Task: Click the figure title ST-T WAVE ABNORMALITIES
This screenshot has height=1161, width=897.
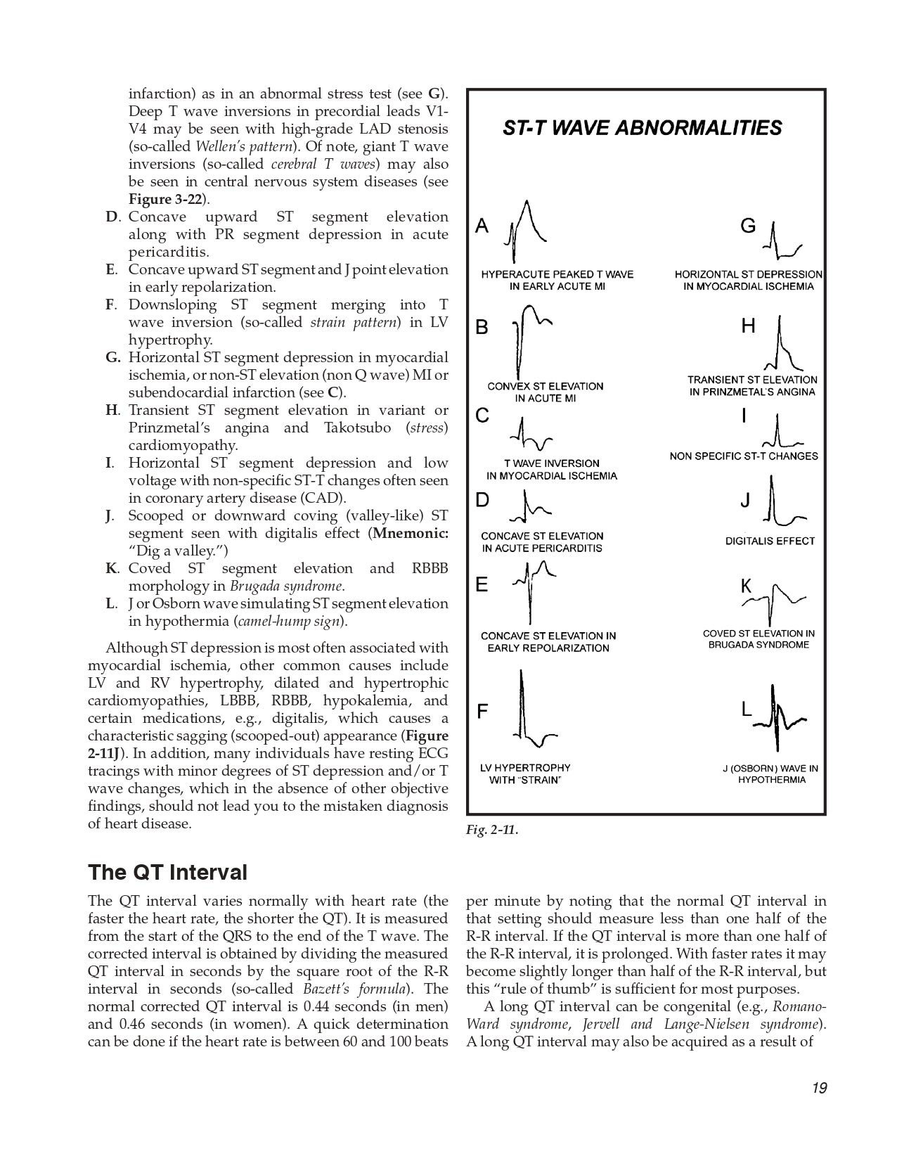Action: pos(642,128)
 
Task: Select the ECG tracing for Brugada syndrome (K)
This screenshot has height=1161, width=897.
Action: pos(774,602)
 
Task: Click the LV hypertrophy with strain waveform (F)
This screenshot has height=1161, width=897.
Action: pos(531,710)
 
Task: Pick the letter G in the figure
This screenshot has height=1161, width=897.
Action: pos(748,226)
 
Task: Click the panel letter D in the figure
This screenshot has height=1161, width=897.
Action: pos(482,500)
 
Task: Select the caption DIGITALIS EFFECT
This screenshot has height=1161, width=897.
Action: pos(770,541)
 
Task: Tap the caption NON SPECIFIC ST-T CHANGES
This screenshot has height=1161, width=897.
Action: pos(744,456)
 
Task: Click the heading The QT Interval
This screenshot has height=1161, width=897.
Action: pos(167,872)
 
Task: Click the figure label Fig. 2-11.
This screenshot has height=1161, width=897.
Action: pos(492,830)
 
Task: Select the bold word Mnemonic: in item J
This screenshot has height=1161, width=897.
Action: pos(411,533)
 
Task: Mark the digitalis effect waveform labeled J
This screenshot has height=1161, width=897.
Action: pos(780,503)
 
